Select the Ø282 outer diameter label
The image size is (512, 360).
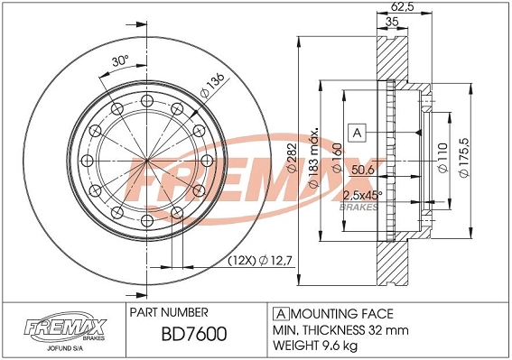(x=291, y=162)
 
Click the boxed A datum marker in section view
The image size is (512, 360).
(x=356, y=133)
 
